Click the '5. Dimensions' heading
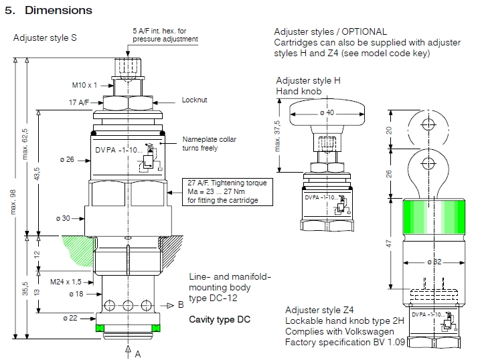click(x=48, y=11)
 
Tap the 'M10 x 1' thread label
click(x=84, y=85)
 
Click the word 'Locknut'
click(x=195, y=100)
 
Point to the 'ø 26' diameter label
click(x=74, y=159)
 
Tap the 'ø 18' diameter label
click(x=75, y=293)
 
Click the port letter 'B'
click(x=180, y=305)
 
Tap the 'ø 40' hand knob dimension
click(x=326, y=112)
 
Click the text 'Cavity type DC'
click(x=219, y=319)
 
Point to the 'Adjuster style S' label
click(x=45, y=37)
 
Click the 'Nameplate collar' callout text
click(x=206, y=140)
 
